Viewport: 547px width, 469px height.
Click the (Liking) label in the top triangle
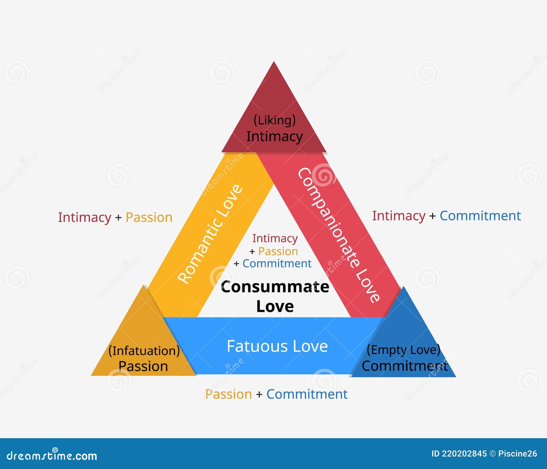pos(275,120)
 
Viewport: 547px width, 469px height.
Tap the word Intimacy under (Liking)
pos(275,136)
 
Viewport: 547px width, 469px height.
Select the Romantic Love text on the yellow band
pos(210,234)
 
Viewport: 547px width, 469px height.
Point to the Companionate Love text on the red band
pos(338,235)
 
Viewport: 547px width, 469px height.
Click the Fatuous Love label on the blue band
pos(277,346)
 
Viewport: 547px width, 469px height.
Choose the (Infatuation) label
pos(144,351)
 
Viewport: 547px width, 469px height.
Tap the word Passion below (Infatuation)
pos(143,366)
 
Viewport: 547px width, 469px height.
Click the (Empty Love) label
pos(403,350)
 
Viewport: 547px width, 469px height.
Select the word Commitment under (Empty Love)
pos(405,366)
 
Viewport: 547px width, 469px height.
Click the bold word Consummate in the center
pos(275,287)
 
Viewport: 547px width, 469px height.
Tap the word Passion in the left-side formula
pos(149,217)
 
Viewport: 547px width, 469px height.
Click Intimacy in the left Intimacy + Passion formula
pos(84,217)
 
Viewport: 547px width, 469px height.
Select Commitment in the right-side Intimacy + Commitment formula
pos(480,216)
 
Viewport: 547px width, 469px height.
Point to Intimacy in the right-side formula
pos(399,216)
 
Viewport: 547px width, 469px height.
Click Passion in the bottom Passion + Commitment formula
pos(228,394)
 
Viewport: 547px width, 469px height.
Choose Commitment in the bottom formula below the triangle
pos(307,394)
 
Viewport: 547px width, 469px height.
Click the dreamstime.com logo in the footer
pos(52,455)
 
